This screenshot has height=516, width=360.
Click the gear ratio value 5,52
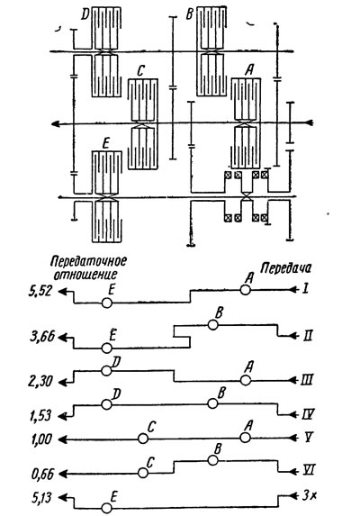(40, 292)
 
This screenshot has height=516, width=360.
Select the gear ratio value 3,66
(41, 338)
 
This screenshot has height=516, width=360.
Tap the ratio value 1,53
(40, 416)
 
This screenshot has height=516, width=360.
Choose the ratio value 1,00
(41, 439)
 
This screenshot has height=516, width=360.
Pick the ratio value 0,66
(42, 475)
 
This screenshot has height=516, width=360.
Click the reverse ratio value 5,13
(41, 498)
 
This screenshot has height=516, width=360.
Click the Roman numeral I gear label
(306, 290)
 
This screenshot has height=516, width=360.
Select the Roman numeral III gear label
(306, 380)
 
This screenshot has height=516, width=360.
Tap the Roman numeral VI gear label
(309, 471)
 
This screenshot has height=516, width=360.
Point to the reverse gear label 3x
(309, 496)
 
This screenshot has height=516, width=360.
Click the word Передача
(285, 268)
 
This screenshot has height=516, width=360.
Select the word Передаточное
(89, 261)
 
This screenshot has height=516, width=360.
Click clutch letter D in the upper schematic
(85, 14)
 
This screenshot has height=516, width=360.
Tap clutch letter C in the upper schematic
(140, 71)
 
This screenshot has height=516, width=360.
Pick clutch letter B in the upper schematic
(189, 14)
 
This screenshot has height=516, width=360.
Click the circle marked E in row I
(106, 303)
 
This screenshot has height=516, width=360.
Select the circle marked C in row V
(143, 439)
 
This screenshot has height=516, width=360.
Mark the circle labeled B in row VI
(212, 460)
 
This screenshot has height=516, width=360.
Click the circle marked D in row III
(106, 370)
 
